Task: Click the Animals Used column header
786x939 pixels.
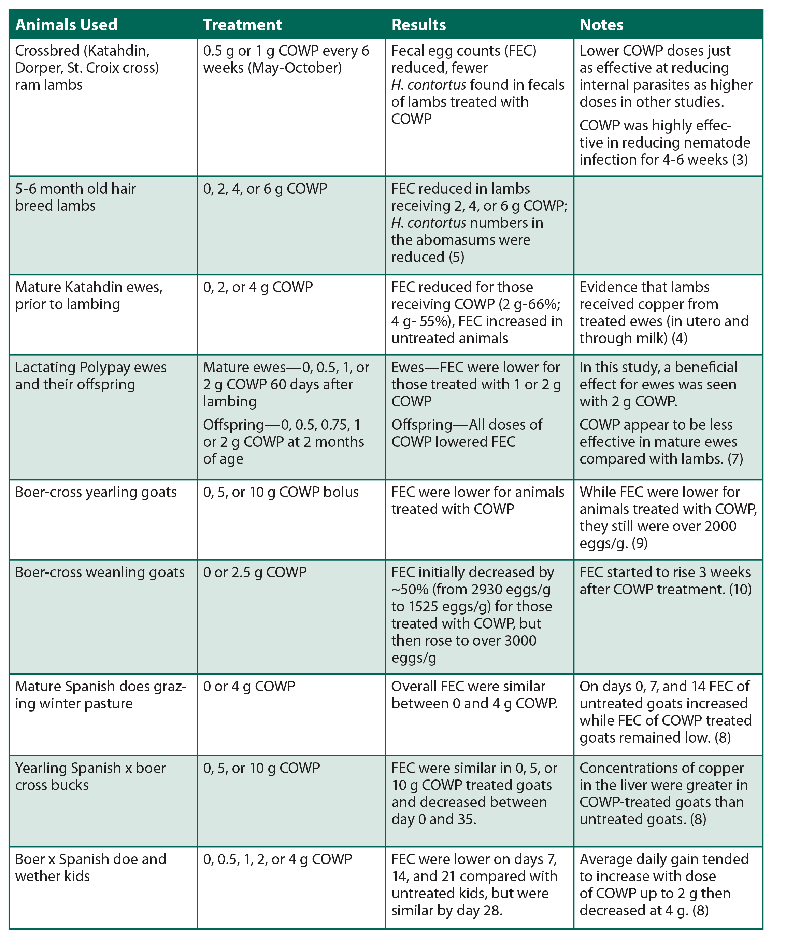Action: pos(66,25)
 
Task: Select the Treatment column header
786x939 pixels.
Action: pos(242,25)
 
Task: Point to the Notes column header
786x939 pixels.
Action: pos(601,25)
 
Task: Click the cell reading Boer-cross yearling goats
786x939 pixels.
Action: pos(96,492)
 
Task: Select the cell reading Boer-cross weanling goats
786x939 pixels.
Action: pos(100,572)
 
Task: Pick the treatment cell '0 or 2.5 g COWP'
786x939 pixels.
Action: pos(255,572)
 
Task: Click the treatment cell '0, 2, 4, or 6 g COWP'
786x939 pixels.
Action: pos(265,189)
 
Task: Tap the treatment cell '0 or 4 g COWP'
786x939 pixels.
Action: pos(249,686)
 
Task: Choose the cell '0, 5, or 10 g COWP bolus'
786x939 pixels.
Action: pos(281,492)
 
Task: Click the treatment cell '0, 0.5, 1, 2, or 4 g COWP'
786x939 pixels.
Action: pos(277,859)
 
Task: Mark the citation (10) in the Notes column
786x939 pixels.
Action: pos(740,589)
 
